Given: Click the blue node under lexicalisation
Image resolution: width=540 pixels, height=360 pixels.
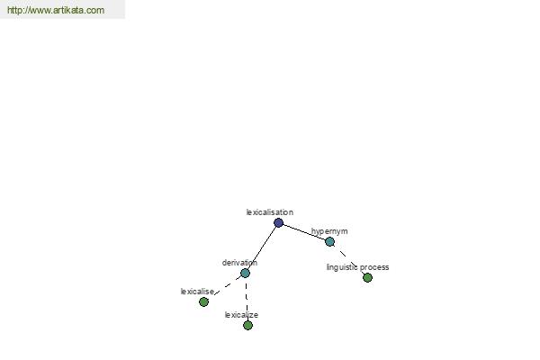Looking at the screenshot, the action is (x=279, y=223).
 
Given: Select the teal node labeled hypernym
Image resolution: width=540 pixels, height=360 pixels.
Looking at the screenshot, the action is (x=329, y=242).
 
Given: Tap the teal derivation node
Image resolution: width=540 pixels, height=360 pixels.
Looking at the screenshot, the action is (x=245, y=274).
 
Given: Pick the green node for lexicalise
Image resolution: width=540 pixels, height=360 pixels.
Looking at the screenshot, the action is (x=204, y=302).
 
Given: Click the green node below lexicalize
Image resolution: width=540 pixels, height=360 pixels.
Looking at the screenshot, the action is (x=248, y=325).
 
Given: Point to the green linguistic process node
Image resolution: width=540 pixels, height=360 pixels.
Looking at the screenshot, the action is (x=367, y=277).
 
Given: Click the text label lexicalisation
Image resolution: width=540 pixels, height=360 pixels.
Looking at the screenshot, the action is (x=270, y=212).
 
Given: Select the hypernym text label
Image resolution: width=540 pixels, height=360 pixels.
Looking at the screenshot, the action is (x=329, y=231).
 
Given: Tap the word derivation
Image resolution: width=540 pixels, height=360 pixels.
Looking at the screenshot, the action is (x=239, y=263).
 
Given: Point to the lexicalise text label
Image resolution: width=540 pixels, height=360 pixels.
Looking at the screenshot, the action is (x=197, y=292).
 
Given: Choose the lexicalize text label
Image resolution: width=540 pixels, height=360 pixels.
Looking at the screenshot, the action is (x=241, y=315).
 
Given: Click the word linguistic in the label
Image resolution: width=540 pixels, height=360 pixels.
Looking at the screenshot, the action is (x=342, y=267).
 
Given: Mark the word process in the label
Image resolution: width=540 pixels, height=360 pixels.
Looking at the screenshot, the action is (x=374, y=267).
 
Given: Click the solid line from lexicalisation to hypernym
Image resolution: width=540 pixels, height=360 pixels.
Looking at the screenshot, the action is (x=304, y=232).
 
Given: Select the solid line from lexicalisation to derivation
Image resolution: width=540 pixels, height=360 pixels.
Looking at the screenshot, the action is (x=262, y=248).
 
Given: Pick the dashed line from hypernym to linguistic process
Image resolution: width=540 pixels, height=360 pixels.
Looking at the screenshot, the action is (x=348, y=259).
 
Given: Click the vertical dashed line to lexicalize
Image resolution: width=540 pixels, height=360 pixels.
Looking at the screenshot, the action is (x=247, y=297).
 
